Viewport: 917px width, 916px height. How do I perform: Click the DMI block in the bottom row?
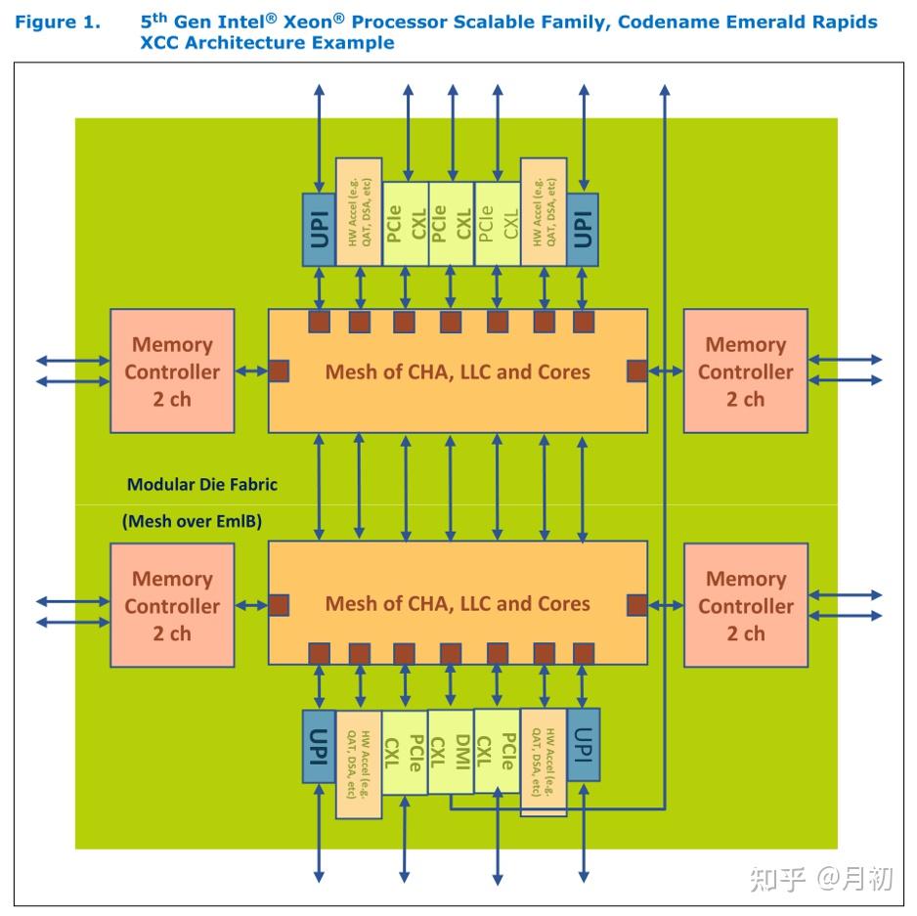pyautogui.click(x=451, y=752)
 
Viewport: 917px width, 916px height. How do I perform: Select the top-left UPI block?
pyautogui.click(x=319, y=230)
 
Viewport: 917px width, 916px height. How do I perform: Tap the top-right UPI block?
pyautogui.click(x=583, y=230)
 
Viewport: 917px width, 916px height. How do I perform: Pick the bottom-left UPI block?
pyautogui.click(x=319, y=746)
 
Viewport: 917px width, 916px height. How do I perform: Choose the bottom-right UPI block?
pyautogui.click(x=583, y=745)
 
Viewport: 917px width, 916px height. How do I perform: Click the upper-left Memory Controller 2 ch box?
pyautogui.click(x=172, y=371)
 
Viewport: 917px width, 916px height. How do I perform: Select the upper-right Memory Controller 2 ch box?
pyautogui.click(x=746, y=371)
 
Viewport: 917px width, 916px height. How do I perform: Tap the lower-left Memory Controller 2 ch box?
pyautogui.click(x=172, y=605)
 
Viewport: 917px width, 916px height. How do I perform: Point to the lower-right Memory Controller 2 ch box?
pyautogui.click(x=746, y=605)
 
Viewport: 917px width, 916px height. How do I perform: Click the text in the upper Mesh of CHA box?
pyautogui.click(x=458, y=372)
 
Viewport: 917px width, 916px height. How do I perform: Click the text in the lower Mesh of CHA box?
pyautogui.click(x=458, y=603)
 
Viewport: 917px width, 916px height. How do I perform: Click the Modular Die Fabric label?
pyautogui.click(x=202, y=484)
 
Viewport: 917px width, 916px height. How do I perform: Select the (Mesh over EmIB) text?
pyautogui.click(x=192, y=521)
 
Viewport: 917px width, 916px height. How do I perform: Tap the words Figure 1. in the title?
pyautogui.click(x=58, y=22)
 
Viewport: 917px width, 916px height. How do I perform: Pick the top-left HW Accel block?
pyautogui.click(x=359, y=212)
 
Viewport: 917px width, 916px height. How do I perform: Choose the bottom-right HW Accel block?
pyautogui.click(x=544, y=763)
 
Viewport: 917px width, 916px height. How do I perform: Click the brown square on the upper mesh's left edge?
pyautogui.click(x=279, y=371)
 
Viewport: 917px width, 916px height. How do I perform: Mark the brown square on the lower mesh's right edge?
pyautogui.click(x=636, y=605)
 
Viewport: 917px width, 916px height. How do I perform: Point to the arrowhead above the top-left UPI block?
pyautogui.click(x=319, y=90)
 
